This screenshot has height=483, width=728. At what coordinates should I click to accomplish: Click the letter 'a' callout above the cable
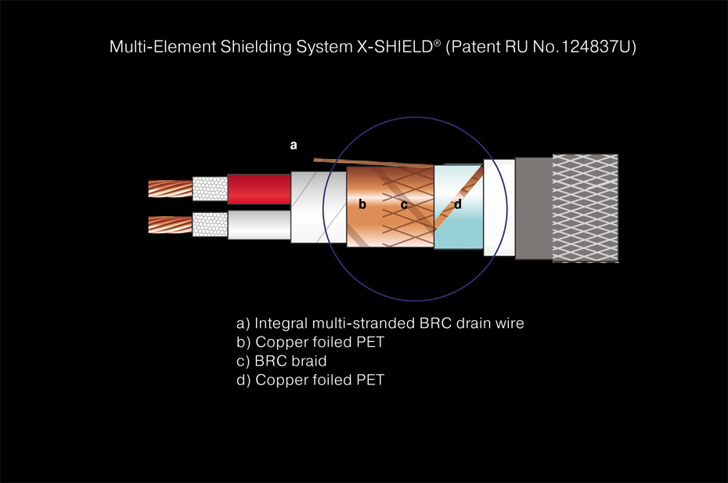(294, 145)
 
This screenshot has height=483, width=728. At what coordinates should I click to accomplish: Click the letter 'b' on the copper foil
(362, 205)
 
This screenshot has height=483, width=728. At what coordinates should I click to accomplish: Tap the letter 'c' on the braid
(404, 205)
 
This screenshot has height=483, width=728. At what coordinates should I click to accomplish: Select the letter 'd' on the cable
(457, 205)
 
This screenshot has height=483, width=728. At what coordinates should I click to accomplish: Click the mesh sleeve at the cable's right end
(585, 208)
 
